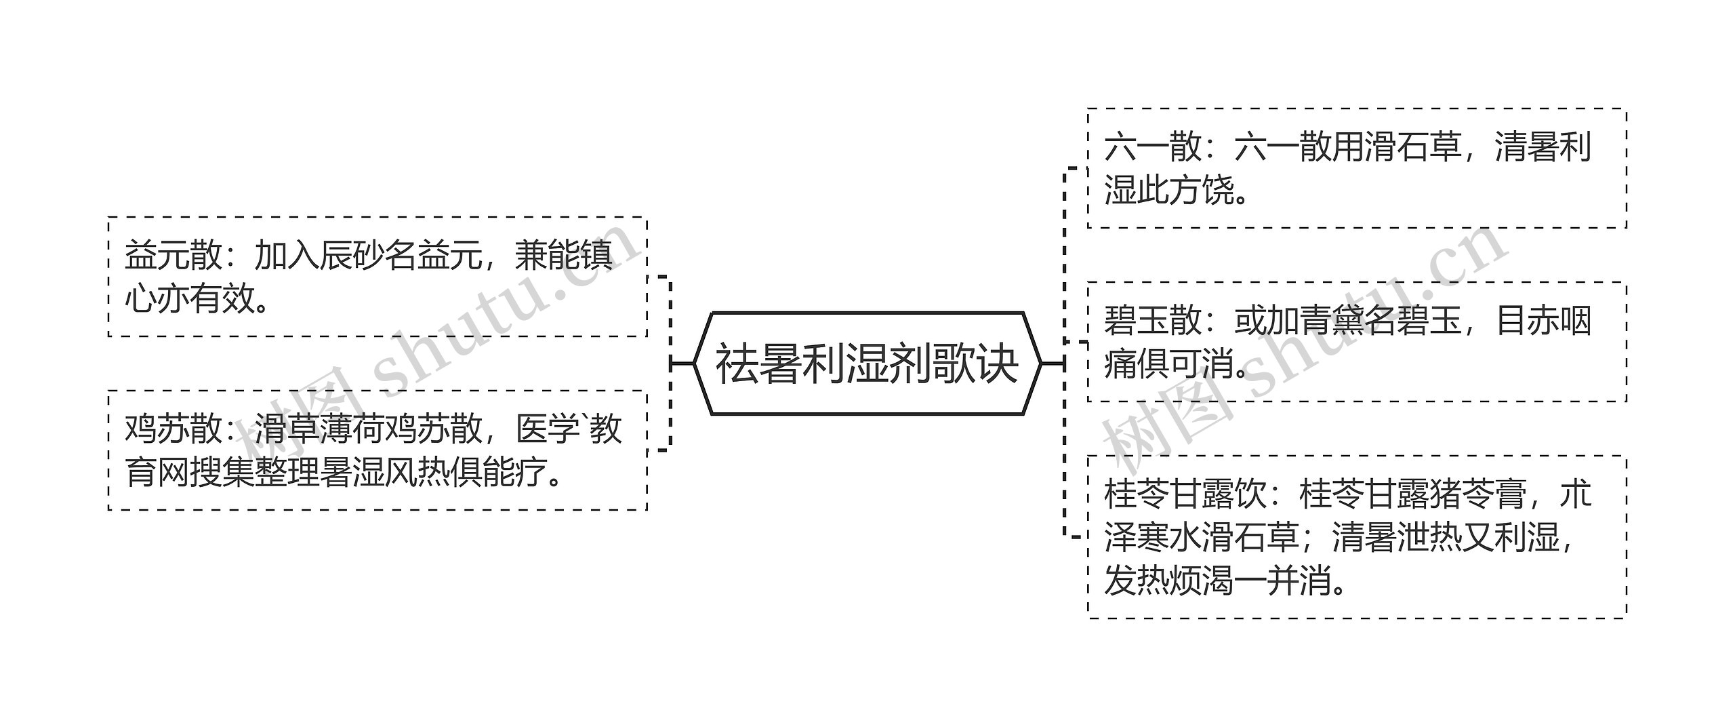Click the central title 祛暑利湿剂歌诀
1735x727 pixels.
pos(867,363)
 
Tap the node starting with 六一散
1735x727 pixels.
pos(1356,168)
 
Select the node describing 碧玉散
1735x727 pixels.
pos(1356,342)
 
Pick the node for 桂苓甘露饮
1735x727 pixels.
pos(1356,536)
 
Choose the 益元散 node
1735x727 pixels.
pos(377,277)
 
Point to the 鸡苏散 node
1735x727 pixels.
pos(377,450)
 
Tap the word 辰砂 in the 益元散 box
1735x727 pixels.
pos(352,256)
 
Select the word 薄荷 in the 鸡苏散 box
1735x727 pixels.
pos(352,430)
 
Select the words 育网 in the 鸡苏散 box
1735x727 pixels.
pos(157,473)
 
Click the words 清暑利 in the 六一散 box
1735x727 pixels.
pos(1543,148)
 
